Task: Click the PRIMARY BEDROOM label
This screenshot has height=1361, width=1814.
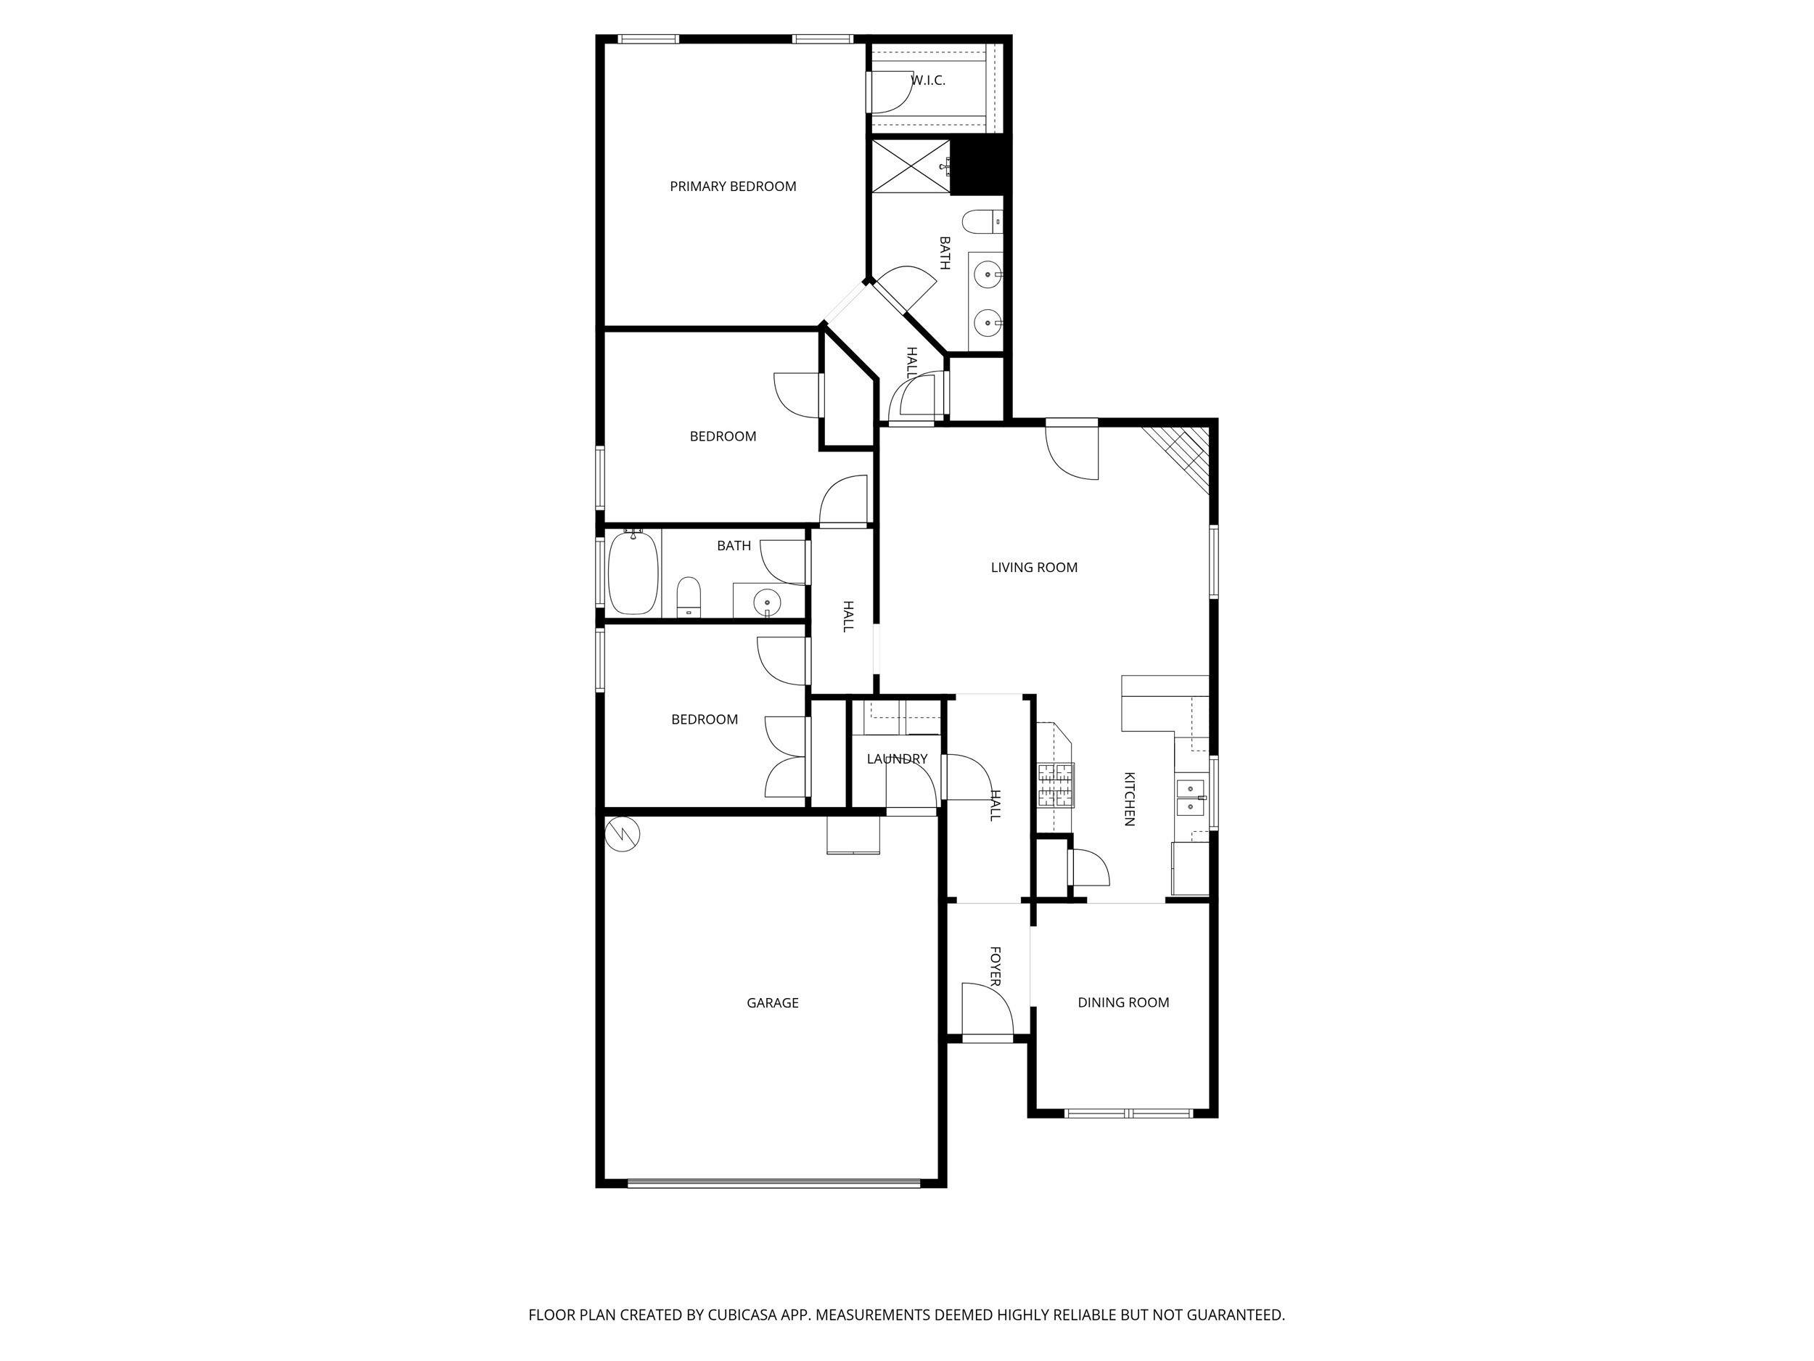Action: [732, 187]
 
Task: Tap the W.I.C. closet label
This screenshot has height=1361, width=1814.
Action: [928, 81]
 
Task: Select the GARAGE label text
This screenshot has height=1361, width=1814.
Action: [772, 1002]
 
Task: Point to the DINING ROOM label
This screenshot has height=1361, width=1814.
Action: [1123, 1002]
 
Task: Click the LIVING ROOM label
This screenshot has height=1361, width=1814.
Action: [1033, 567]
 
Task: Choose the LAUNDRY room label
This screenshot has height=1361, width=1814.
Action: [896, 759]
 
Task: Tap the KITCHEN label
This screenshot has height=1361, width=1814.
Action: [1129, 798]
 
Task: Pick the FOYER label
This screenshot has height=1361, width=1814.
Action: [995, 965]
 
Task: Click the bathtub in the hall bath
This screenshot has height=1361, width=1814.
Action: [633, 572]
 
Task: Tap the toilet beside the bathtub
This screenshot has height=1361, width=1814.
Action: [689, 597]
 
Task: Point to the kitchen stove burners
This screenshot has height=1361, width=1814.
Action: [1056, 785]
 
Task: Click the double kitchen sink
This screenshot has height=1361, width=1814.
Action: [1191, 798]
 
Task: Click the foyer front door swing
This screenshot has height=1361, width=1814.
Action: [987, 1010]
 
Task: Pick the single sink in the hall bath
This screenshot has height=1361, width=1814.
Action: [767, 600]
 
